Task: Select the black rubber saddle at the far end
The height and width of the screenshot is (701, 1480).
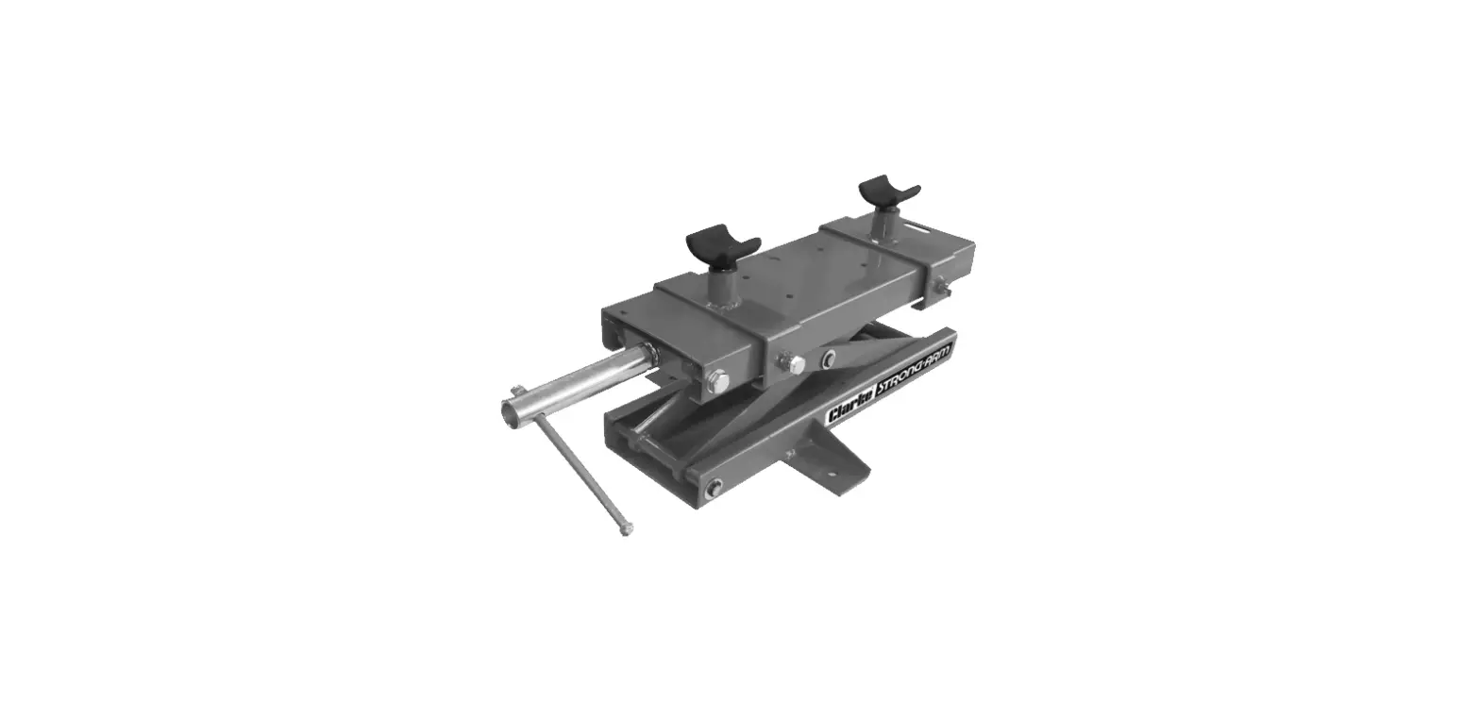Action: (x=888, y=192)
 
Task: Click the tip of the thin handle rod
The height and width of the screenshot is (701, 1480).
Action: (x=626, y=532)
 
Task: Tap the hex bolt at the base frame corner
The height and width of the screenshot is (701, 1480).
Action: (x=714, y=487)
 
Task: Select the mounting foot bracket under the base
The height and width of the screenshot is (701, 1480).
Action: (x=829, y=461)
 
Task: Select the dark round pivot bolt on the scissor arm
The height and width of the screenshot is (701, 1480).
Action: (x=829, y=357)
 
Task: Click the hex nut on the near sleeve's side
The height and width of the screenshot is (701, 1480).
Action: (x=795, y=363)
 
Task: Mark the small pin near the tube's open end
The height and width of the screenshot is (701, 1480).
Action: (x=517, y=390)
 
